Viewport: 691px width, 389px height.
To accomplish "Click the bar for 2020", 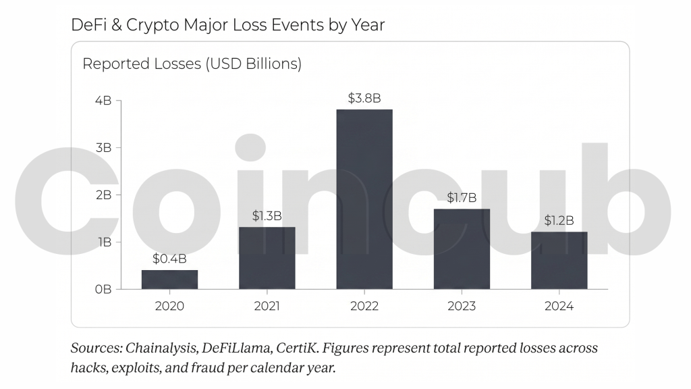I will pyautogui.click(x=169, y=280).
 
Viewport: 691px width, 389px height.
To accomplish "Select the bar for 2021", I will pyautogui.click(x=267, y=258).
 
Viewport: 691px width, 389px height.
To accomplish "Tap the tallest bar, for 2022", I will pyautogui.click(x=364, y=199).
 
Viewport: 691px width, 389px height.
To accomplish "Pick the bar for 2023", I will pyautogui.click(x=462, y=249).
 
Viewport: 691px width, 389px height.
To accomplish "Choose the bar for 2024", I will pyautogui.click(x=559, y=260).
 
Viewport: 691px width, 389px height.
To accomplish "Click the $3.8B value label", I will pyautogui.click(x=364, y=98).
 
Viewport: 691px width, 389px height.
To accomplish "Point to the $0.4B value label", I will pyautogui.click(x=169, y=259).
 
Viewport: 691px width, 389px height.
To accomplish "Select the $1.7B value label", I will pyautogui.click(x=462, y=198).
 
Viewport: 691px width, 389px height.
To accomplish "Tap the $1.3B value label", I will pyautogui.click(x=267, y=216).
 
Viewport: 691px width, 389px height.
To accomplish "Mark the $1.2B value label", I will pyautogui.click(x=559, y=220).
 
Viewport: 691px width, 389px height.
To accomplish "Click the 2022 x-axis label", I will pyautogui.click(x=364, y=306).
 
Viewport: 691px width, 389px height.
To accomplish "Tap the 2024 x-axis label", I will pyautogui.click(x=559, y=306).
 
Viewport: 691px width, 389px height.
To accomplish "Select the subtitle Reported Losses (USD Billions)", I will pyautogui.click(x=192, y=64).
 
